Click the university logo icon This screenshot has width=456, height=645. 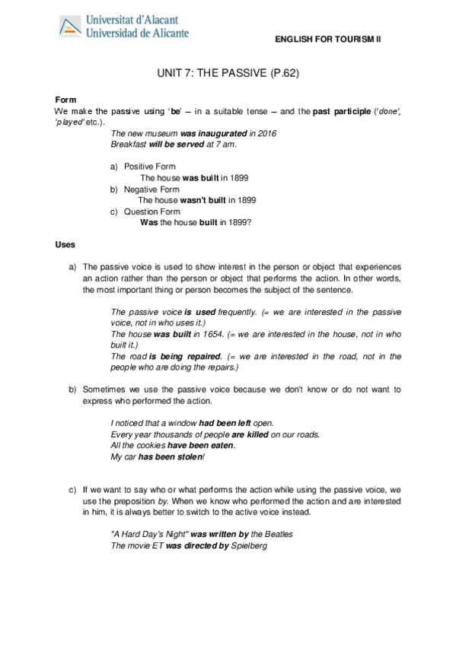point(69,27)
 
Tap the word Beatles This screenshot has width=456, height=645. point(277,534)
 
